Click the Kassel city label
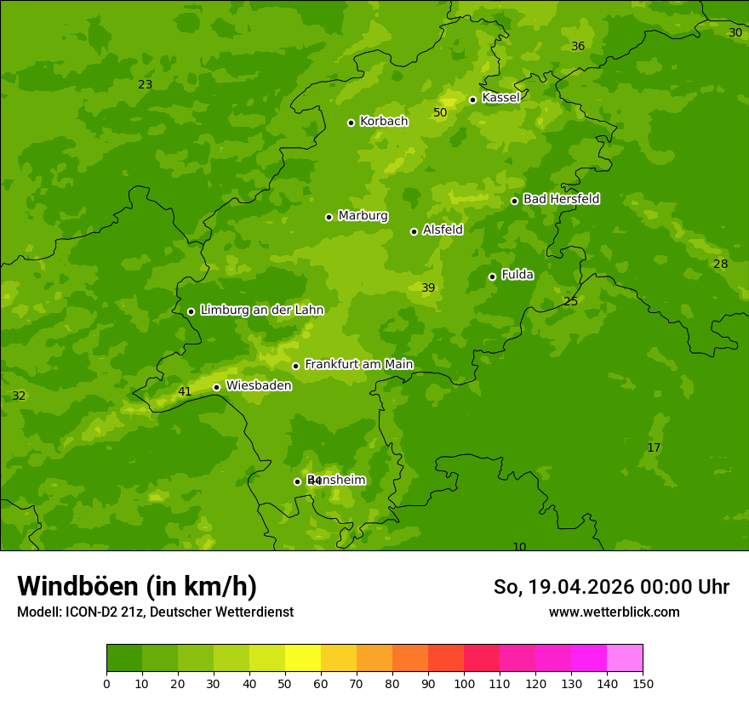point(500,98)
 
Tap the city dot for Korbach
point(351,122)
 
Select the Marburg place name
point(363,216)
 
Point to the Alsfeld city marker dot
point(414,231)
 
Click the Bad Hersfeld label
point(561,199)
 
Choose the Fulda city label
point(517,275)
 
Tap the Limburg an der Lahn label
point(261,310)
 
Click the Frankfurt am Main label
point(358,364)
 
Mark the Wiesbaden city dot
point(216,387)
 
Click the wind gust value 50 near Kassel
point(440,112)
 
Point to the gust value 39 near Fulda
point(428,288)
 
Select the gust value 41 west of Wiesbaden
point(185,392)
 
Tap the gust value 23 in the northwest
point(146,84)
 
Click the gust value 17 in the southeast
point(654,448)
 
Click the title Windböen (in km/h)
point(137,586)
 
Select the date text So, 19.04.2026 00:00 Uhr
point(611,587)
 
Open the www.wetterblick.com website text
point(614,612)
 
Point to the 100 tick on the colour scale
point(464,683)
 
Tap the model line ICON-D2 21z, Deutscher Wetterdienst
point(155,612)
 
